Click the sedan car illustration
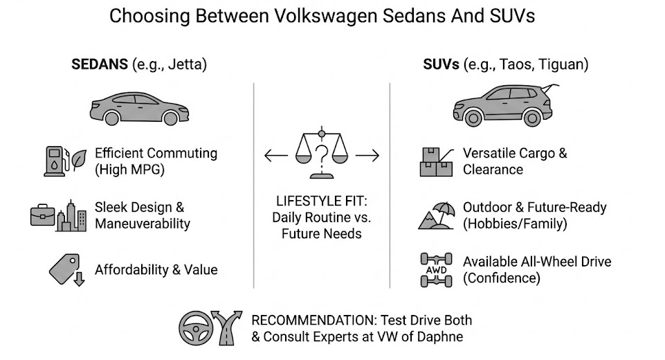pyautogui.click(x=139, y=109)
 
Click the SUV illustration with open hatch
pyautogui.click(x=504, y=105)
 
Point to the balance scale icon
pyautogui.click(x=322, y=152)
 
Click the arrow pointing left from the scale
pyautogui.click(x=276, y=156)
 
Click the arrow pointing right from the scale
pyautogui.click(x=367, y=156)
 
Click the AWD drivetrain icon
pyautogui.click(x=436, y=270)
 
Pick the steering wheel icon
pyautogui.click(x=195, y=327)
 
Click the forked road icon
pyautogui.click(x=227, y=327)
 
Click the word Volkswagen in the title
pyautogui.click(x=325, y=16)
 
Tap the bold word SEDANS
pyautogui.click(x=100, y=64)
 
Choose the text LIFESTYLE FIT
pyautogui.click(x=322, y=201)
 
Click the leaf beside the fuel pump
pyautogui.click(x=80, y=160)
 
